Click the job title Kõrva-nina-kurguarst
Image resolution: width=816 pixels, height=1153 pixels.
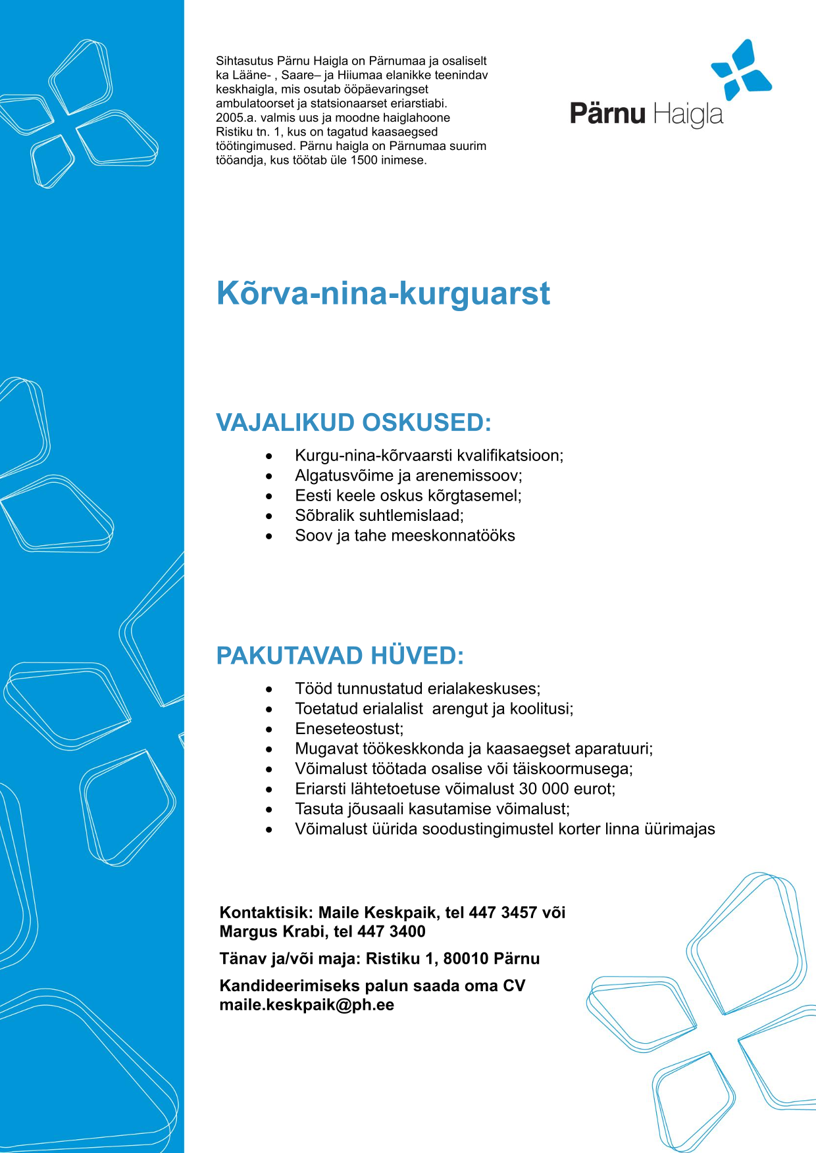click(x=383, y=293)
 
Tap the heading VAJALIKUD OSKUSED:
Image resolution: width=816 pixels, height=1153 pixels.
click(x=354, y=422)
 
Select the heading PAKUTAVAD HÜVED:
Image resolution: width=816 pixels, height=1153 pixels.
click(x=340, y=656)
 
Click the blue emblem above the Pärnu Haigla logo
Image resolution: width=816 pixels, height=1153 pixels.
click(x=742, y=70)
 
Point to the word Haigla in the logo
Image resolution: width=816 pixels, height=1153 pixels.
click(x=688, y=114)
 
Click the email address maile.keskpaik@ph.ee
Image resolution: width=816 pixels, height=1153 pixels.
click(x=307, y=1005)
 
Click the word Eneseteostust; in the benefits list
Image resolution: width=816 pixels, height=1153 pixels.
click(x=349, y=729)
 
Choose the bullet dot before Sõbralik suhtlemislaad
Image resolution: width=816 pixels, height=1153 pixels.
click(x=269, y=516)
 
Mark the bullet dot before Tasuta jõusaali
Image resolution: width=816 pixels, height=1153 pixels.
click(x=269, y=809)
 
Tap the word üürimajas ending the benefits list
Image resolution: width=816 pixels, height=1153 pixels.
click(x=680, y=829)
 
